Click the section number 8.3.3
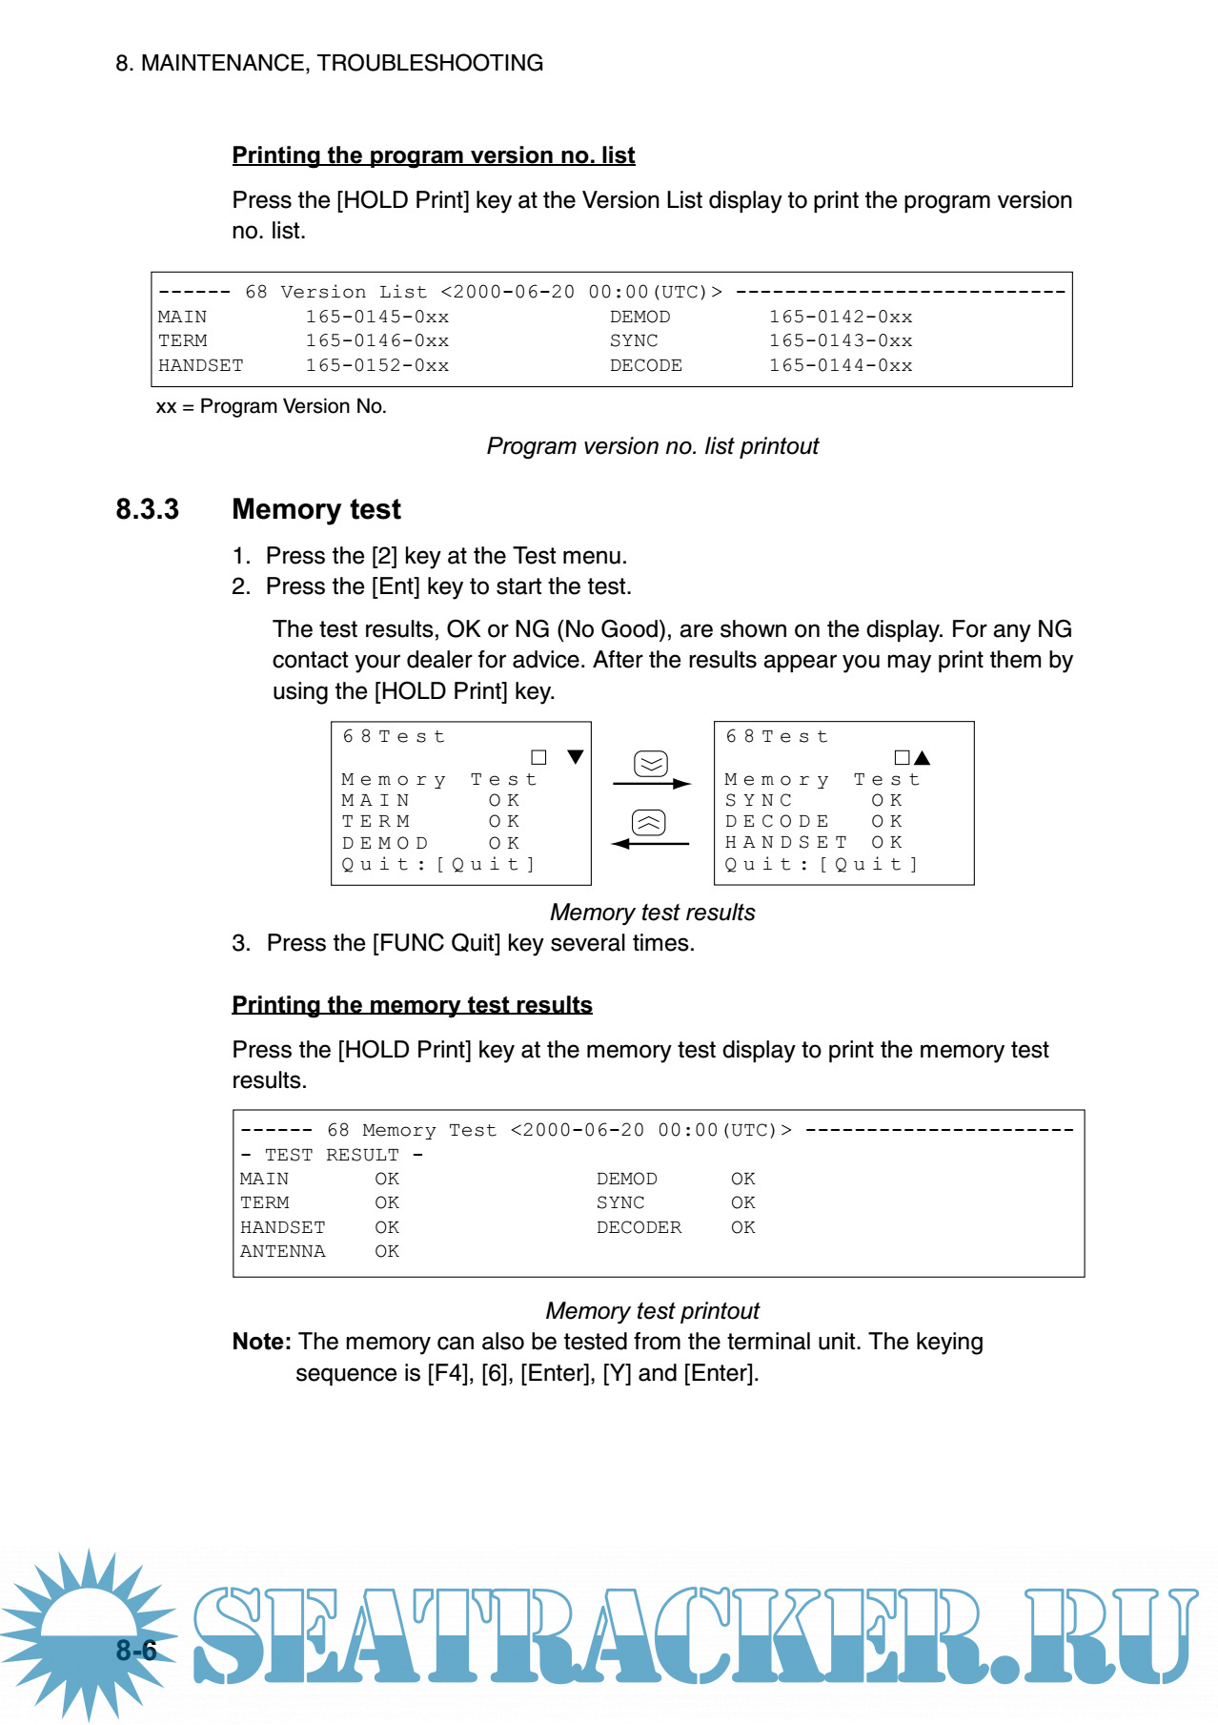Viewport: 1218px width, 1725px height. click(147, 509)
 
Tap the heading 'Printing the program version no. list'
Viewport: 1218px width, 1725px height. click(433, 155)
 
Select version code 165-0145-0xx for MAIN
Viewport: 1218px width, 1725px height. click(376, 317)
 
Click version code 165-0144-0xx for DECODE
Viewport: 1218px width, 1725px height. click(840, 365)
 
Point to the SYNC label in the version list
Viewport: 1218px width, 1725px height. click(634, 340)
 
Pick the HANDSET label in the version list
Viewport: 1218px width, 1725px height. click(200, 365)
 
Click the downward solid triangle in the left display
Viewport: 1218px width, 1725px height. click(575, 757)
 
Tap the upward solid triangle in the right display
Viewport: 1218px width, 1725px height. click(922, 758)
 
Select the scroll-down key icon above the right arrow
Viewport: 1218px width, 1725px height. click(651, 764)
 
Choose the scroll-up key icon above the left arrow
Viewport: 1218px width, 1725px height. click(649, 823)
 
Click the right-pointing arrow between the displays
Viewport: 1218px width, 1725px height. click(652, 784)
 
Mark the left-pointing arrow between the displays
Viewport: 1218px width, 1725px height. click(650, 844)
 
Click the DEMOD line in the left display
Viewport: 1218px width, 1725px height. click(431, 843)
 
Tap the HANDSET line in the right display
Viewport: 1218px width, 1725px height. click(813, 842)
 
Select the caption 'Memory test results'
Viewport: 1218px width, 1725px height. click(652, 913)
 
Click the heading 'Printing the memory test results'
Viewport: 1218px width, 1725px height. click(412, 1005)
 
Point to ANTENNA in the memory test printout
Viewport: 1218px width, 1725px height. click(282, 1251)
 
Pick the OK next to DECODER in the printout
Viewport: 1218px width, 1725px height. click(742, 1227)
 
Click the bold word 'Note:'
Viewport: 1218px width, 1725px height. click(261, 1342)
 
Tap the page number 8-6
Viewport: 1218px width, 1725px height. click(136, 1650)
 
